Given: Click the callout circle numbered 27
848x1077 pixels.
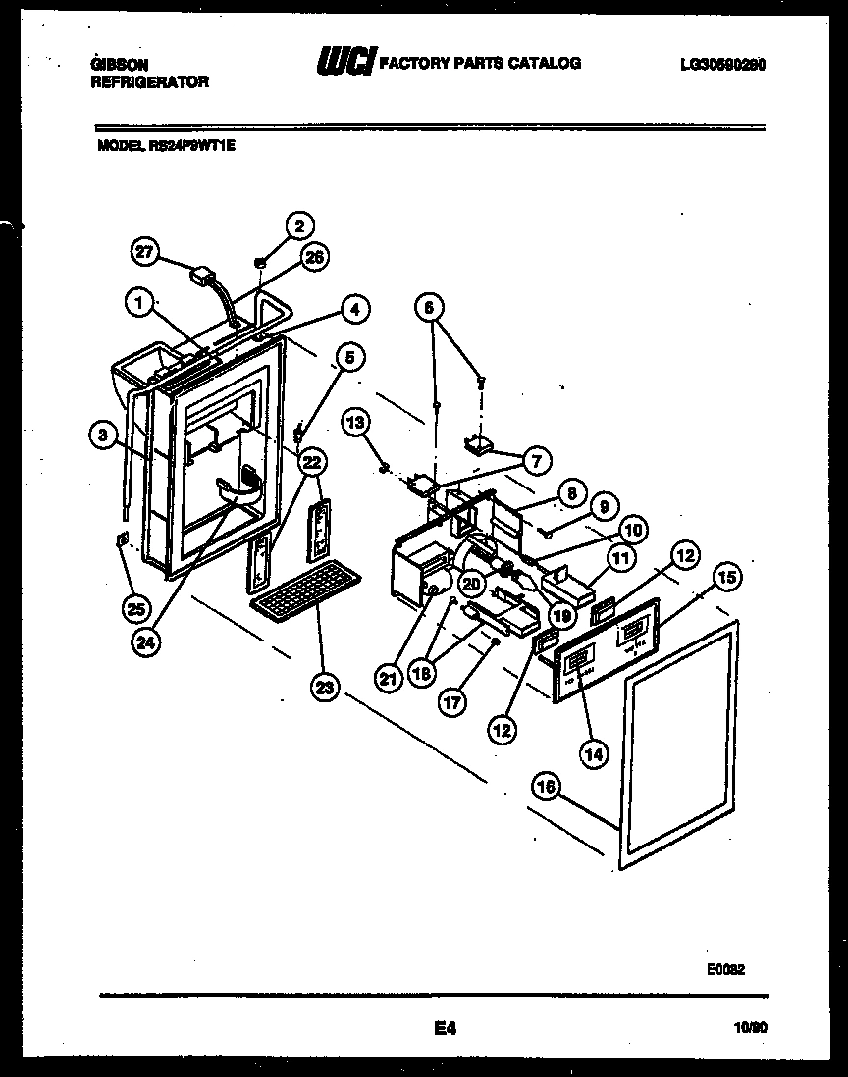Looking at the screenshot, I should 144,253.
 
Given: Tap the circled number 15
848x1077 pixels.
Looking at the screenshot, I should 728,578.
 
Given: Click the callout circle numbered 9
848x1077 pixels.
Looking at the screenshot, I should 604,507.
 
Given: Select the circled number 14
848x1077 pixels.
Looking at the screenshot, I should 593,753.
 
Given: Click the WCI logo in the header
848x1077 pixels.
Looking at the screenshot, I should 344,64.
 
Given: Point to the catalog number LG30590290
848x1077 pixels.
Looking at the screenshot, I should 722,65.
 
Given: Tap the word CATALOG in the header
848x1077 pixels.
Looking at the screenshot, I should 546,63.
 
